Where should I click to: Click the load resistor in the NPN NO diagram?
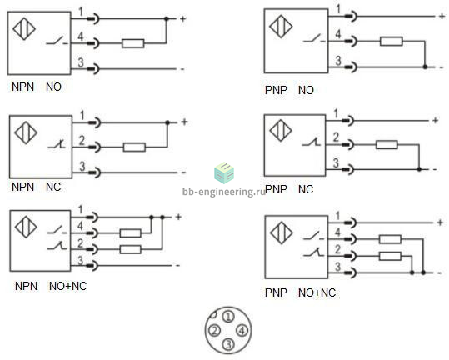(x=133, y=43)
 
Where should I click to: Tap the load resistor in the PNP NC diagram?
(x=387, y=145)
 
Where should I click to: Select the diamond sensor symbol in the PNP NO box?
(x=281, y=27)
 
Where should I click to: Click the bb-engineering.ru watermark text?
(x=224, y=192)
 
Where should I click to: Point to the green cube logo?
(x=224, y=172)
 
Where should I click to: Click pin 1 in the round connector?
(x=228, y=317)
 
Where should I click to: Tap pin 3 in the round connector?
(x=228, y=344)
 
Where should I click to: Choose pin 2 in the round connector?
(x=214, y=331)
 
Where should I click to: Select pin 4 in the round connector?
(x=242, y=331)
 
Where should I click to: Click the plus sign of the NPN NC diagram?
(x=184, y=122)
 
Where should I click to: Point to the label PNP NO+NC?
(x=300, y=292)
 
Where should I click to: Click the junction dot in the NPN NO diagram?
(x=167, y=19)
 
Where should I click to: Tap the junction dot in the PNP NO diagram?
(x=425, y=67)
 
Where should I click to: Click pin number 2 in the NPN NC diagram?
(x=82, y=140)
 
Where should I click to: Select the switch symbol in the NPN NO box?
(x=57, y=41)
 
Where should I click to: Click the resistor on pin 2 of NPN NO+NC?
(x=131, y=249)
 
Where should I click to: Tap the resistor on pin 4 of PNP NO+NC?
(x=390, y=239)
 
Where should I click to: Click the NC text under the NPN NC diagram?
(x=53, y=187)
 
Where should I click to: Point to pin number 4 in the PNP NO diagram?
(x=338, y=34)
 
